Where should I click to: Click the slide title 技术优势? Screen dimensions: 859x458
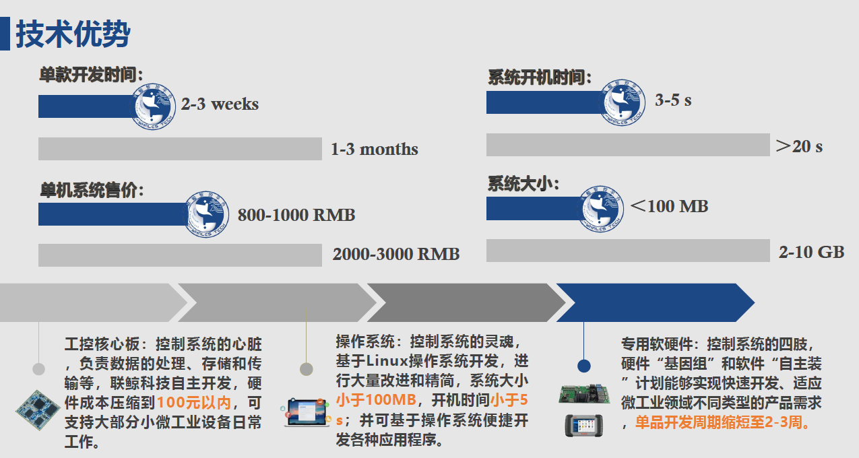pos(73,34)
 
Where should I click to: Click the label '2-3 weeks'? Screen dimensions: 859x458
pos(220,104)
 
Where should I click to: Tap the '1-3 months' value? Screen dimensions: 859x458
pos(375,149)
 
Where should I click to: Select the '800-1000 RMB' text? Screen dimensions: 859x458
pos(296,215)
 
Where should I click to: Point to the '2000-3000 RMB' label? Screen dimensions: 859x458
pos(395,254)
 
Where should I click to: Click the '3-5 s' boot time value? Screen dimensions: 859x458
pos(673,100)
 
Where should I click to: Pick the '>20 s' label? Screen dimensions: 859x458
pos(799,146)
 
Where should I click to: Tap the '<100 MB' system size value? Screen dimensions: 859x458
pos(669,206)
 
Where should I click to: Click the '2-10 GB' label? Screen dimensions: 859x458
pos(811,252)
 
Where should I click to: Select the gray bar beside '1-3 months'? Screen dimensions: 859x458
pos(180,149)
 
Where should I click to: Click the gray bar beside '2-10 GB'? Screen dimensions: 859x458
pos(628,251)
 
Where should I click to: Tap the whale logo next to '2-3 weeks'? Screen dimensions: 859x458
pos(154,106)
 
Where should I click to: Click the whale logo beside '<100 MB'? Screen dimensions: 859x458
pos(601,209)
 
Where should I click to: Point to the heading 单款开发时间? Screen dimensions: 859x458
pos(91,74)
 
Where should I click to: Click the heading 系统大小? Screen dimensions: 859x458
pos(523,184)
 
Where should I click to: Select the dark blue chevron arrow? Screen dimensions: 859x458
pos(655,302)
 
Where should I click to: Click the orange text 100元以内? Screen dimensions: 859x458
pos(194,402)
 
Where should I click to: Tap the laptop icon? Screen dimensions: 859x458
pos(306,412)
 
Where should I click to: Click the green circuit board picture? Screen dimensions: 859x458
pos(583,394)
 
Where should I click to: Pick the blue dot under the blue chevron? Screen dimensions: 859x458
pos(583,366)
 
